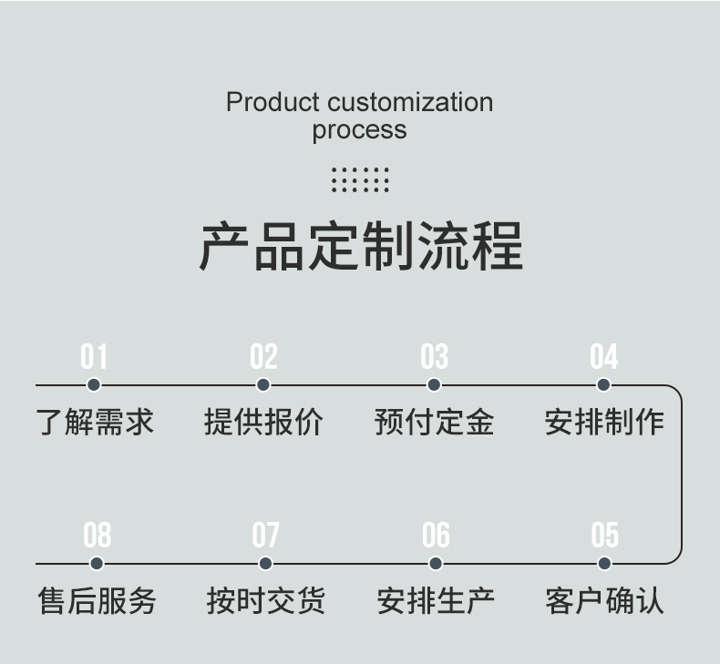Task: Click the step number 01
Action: pos(94,357)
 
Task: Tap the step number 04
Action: pos(603,357)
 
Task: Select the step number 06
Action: pos(436,536)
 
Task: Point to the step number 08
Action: pos(97,536)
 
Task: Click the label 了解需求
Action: pos(95,422)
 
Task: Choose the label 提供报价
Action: pos(263,422)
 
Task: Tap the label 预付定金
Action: pos(434,422)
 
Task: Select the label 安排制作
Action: pos(603,422)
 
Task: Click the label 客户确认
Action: pos(604,601)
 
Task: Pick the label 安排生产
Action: pos(436,601)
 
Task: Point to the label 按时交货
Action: pos(265,601)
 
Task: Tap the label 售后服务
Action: pos(97,601)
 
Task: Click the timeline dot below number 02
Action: pos(263,385)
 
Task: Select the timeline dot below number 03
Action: pos(434,385)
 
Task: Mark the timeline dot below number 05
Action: pos(604,564)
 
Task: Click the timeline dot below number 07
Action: pos(265,564)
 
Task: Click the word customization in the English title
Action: pos(410,102)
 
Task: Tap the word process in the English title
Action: pos(359,130)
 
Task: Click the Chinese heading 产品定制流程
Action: pos(360,246)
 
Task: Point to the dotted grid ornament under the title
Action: pos(360,179)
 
